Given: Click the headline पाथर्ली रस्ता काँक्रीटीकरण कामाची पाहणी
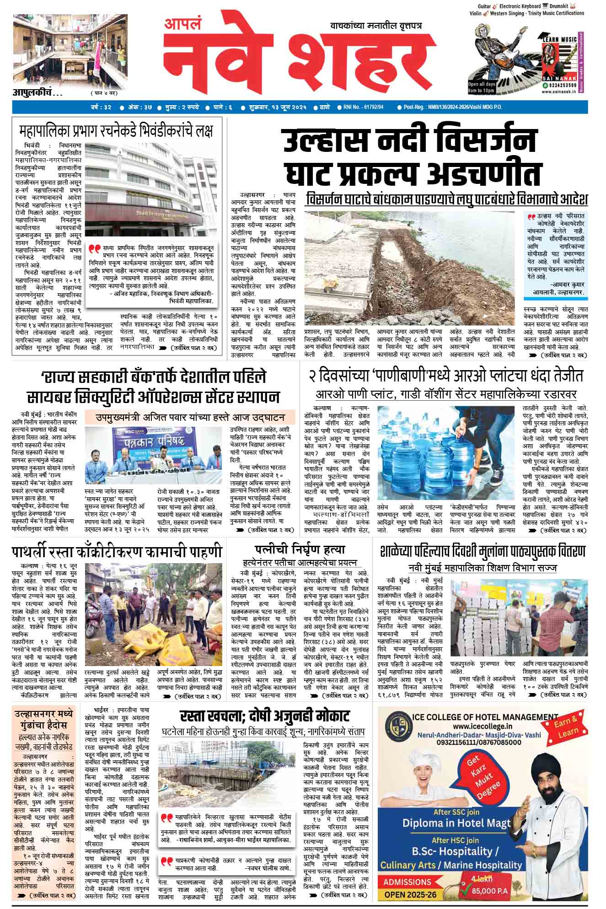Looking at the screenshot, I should click(117, 552).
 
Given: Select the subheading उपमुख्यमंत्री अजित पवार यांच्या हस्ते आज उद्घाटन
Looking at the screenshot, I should click(190, 417).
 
